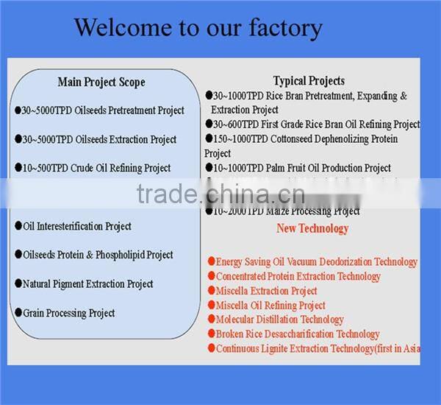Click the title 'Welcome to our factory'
pyautogui.click(x=198, y=28)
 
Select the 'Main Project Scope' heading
pyautogui.click(x=101, y=82)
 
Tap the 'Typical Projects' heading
pyautogui.click(x=309, y=81)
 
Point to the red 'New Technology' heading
pyautogui.click(x=312, y=228)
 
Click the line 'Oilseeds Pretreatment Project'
pyautogui.click(x=103, y=110)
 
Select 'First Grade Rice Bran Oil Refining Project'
pyautogui.click(x=316, y=124)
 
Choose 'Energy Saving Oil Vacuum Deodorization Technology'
pyautogui.click(x=316, y=261)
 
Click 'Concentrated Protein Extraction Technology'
pyautogui.click(x=298, y=276)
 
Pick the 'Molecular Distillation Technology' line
pyautogui.click(x=279, y=320)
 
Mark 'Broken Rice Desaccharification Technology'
pyautogui.click(x=298, y=334)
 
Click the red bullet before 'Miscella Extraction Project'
pyautogui.click(x=211, y=291)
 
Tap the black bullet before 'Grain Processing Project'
pyautogui.click(x=18, y=312)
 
